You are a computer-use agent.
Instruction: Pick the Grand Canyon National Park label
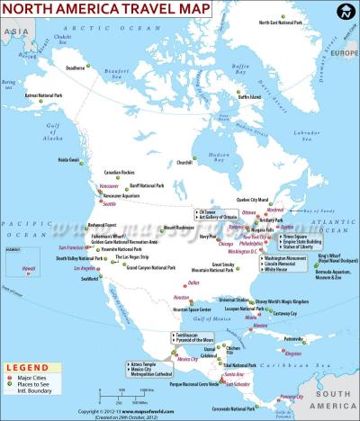pos(150,267)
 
